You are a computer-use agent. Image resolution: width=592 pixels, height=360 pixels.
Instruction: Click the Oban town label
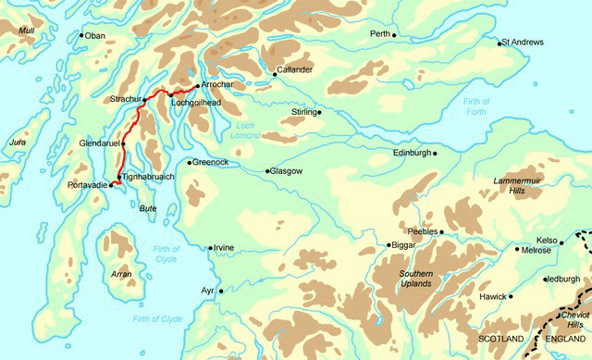tap(97, 36)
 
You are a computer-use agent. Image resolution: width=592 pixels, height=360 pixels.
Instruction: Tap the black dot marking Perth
tap(394, 35)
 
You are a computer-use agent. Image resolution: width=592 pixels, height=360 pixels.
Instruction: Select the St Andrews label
tap(524, 43)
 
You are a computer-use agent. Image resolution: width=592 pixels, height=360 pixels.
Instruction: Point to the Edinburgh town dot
tap(434, 153)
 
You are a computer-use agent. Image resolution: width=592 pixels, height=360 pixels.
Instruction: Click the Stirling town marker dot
tap(319, 113)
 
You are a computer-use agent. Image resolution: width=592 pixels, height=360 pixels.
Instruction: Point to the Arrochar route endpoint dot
tap(197, 85)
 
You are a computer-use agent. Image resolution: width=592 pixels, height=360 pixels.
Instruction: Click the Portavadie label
tap(88, 186)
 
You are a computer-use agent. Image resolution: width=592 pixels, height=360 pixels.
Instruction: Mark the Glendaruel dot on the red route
tap(123, 144)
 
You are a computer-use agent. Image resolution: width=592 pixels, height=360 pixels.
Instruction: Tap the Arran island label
tap(121, 275)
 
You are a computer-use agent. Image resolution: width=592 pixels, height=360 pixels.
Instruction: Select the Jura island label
tap(16, 143)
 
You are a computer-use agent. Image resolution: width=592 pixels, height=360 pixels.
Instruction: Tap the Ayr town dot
tap(221, 291)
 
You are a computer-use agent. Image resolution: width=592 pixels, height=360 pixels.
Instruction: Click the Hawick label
tap(490, 297)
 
